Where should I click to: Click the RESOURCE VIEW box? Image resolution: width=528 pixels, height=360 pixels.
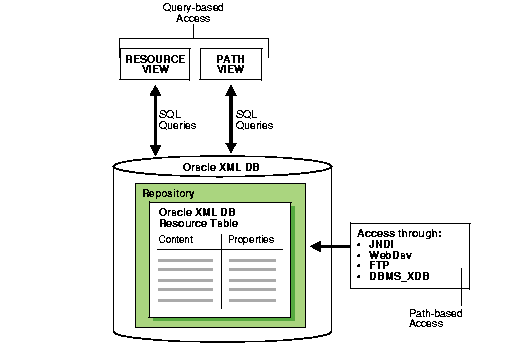tap(155, 65)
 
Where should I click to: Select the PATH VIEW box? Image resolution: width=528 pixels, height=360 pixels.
tap(231, 65)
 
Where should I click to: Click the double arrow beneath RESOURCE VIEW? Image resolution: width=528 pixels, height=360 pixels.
tap(155, 120)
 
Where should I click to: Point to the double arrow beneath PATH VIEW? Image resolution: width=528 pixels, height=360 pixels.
tap(231, 120)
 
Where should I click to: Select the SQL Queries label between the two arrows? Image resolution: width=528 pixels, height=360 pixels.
tap(179, 120)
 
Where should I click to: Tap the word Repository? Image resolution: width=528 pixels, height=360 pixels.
tap(168, 193)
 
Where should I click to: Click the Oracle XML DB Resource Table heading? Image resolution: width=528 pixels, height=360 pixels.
tap(200, 219)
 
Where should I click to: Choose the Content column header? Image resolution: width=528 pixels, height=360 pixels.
tap(176, 240)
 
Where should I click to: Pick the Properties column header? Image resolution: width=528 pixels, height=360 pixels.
tap(251, 240)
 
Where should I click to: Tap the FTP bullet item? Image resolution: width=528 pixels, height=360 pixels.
tap(379, 266)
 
